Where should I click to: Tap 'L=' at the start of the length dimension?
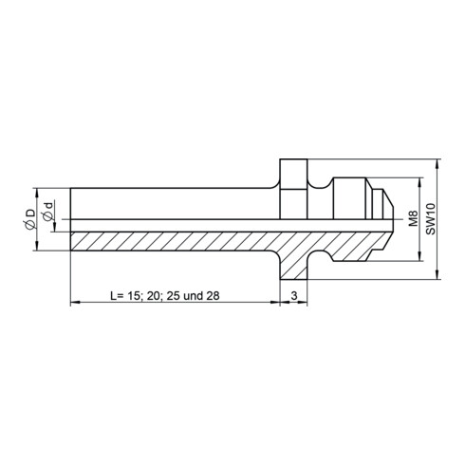pos(117,295)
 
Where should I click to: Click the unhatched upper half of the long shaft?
pos(171,200)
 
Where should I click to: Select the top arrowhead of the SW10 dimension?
pos(437,164)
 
